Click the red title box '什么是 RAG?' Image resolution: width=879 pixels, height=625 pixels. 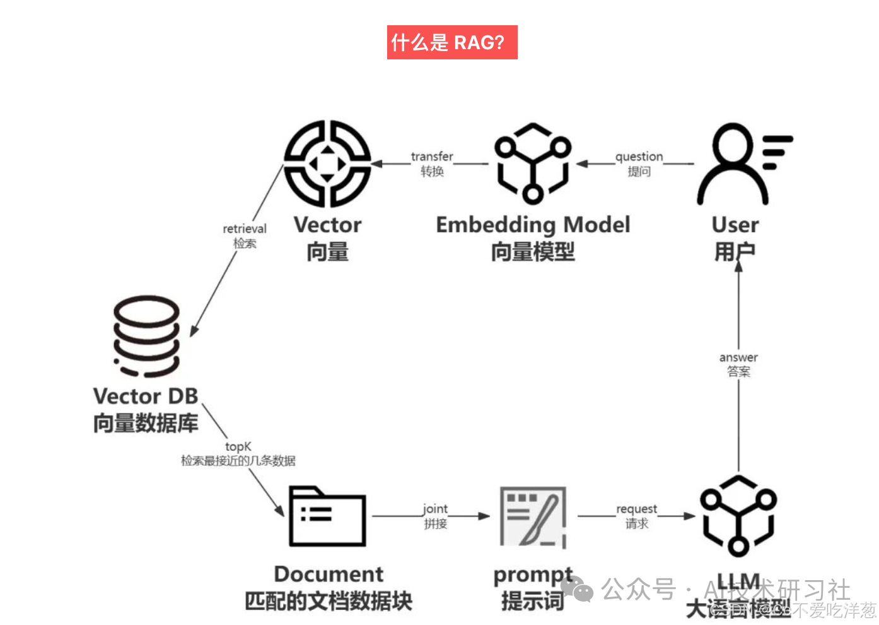coord(451,42)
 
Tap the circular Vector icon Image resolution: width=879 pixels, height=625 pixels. coord(327,164)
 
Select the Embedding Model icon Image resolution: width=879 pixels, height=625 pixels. coord(533,164)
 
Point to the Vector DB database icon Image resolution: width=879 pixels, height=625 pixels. coord(146,336)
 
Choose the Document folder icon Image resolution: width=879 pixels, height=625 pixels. coord(327,516)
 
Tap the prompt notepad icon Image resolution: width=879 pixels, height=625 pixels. coord(533,516)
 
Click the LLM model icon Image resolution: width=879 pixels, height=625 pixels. coord(738,516)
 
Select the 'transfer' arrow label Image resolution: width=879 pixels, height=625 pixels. coord(432,157)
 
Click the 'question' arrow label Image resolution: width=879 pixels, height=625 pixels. coord(639,157)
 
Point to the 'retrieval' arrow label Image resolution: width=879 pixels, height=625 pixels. coord(245,229)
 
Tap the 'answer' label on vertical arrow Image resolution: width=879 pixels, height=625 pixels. coord(738,357)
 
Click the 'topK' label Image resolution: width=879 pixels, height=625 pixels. coord(238,446)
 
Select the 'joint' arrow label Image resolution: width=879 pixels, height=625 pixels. coord(435,509)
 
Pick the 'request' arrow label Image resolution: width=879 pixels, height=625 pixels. coord(636,509)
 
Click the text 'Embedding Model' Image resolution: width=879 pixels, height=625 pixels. coord(533,225)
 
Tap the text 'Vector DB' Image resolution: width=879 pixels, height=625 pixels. coord(146,396)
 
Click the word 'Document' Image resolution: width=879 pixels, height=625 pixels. coord(329,574)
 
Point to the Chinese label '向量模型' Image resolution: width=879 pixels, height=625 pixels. coord(533,252)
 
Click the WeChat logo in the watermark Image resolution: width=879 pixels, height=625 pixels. coord(577,589)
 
